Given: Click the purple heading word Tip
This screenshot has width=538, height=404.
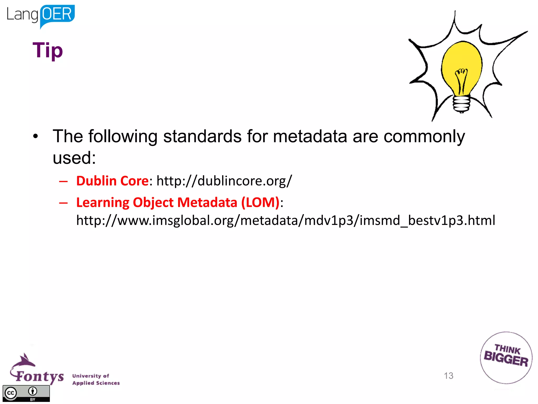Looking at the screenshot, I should click(48, 50).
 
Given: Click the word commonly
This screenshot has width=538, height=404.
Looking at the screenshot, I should click(424, 137).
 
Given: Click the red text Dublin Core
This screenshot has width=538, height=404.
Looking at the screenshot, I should click(112, 181).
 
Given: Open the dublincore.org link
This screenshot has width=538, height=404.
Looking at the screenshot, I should click(224, 181).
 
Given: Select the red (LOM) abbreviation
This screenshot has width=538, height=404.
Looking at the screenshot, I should click(260, 203).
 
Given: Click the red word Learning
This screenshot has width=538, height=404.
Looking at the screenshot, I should click(103, 203).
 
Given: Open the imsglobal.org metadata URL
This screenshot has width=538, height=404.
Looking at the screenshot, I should click(286, 220).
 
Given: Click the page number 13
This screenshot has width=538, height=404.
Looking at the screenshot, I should click(448, 376).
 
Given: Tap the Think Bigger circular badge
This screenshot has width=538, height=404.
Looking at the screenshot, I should click(506, 358).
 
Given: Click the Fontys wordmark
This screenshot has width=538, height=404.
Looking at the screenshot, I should click(39, 376).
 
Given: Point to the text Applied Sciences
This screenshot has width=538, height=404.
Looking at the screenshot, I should click(96, 383).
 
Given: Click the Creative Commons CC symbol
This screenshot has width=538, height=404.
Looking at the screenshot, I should click(11, 393).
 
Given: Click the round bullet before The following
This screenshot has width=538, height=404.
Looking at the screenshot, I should click(35, 136).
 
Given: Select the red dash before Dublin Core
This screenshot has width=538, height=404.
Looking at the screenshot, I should click(63, 181).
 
